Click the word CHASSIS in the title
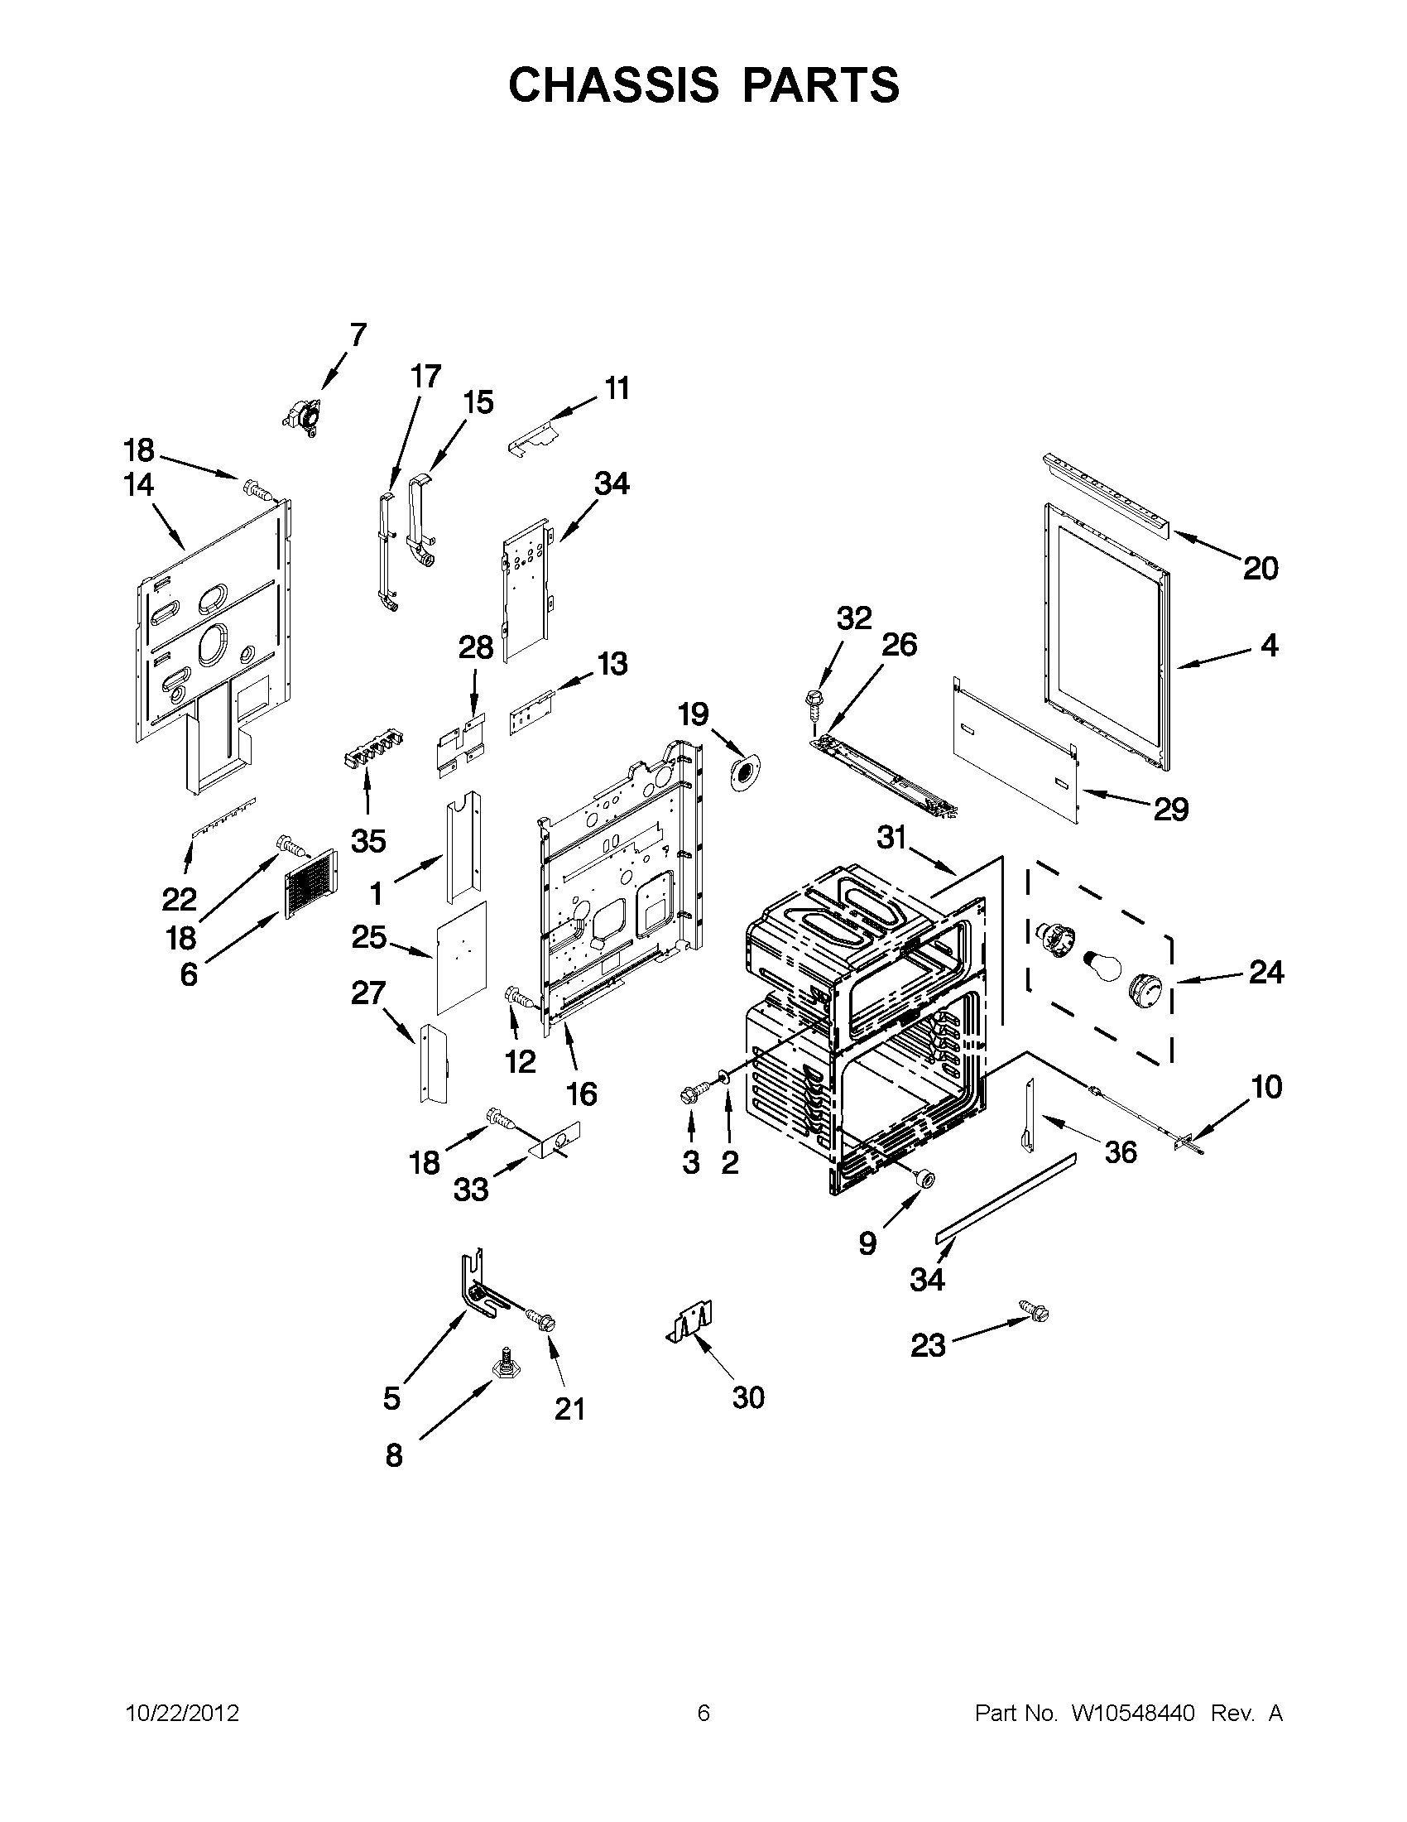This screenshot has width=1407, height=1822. pos(613,84)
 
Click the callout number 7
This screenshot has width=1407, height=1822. pos(358,335)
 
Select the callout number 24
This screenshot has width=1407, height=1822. pos(1266,972)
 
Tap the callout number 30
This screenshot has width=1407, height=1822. pos(748,1397)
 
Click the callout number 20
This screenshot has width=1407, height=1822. pos(1261,568)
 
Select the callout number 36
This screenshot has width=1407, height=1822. pos(1120,1152)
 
